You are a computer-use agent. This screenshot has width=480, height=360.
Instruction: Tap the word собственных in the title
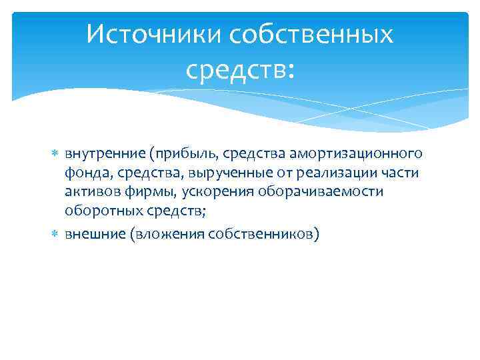(x=311, y=33)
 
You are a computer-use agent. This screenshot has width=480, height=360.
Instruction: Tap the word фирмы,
(x=148, y=192)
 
